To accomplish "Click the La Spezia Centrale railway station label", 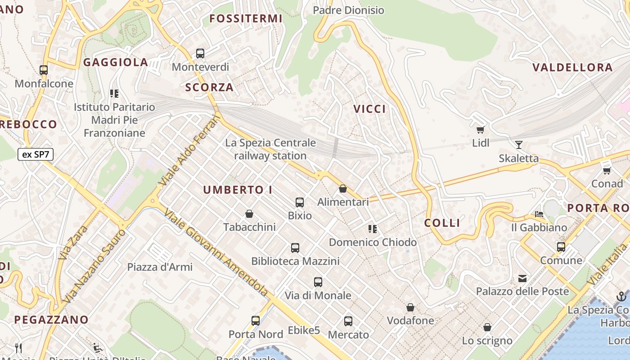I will (x=270, y=149).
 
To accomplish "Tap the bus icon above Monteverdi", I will (x=200, y=54).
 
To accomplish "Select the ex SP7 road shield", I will (x=36, y=155).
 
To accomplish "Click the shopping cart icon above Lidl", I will (x=480, y=130).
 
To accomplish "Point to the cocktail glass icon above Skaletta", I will (x=519, y=145).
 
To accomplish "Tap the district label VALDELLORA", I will (x=572, y=67).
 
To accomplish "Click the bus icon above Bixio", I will (x=300, y=202).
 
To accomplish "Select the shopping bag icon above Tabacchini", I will (x=249, y=214).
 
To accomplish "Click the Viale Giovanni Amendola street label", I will (x=216, y=252).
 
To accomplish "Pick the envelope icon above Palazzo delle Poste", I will (x=522, y=279).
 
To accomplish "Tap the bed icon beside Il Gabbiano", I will (x=539, y=214).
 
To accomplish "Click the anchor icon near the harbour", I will (x=621, y=297).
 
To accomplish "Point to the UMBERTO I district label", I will (x=238, y=190).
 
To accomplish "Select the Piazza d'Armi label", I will (x=160, y=267).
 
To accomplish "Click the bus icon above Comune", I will (x=561, y=247).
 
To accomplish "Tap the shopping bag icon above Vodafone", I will (x=410, y=308).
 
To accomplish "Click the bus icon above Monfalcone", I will (x=44, y=70).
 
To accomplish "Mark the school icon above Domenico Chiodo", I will (x=373, y=229).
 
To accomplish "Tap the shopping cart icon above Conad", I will (x=607, y=171).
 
